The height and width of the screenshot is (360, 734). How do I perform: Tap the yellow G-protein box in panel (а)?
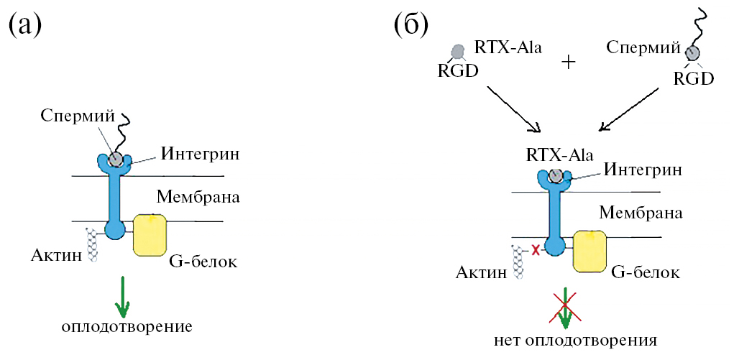[150, 234]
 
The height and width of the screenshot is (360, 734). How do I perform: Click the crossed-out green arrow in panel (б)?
[565, 307]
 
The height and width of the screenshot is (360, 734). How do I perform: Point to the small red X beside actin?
[535, 250]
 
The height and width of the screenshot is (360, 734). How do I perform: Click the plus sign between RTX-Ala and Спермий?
[569, 62]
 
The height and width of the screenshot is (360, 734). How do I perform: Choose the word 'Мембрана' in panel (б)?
[640, 212]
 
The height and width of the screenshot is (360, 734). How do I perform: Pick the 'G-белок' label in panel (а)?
[203, 260]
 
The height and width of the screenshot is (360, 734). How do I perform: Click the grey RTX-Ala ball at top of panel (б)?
[457, 51]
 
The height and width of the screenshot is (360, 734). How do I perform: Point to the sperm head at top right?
[692, 52]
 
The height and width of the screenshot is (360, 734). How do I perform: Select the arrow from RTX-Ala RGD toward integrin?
[513, 109]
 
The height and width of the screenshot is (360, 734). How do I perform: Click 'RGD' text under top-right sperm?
[693, 78]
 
